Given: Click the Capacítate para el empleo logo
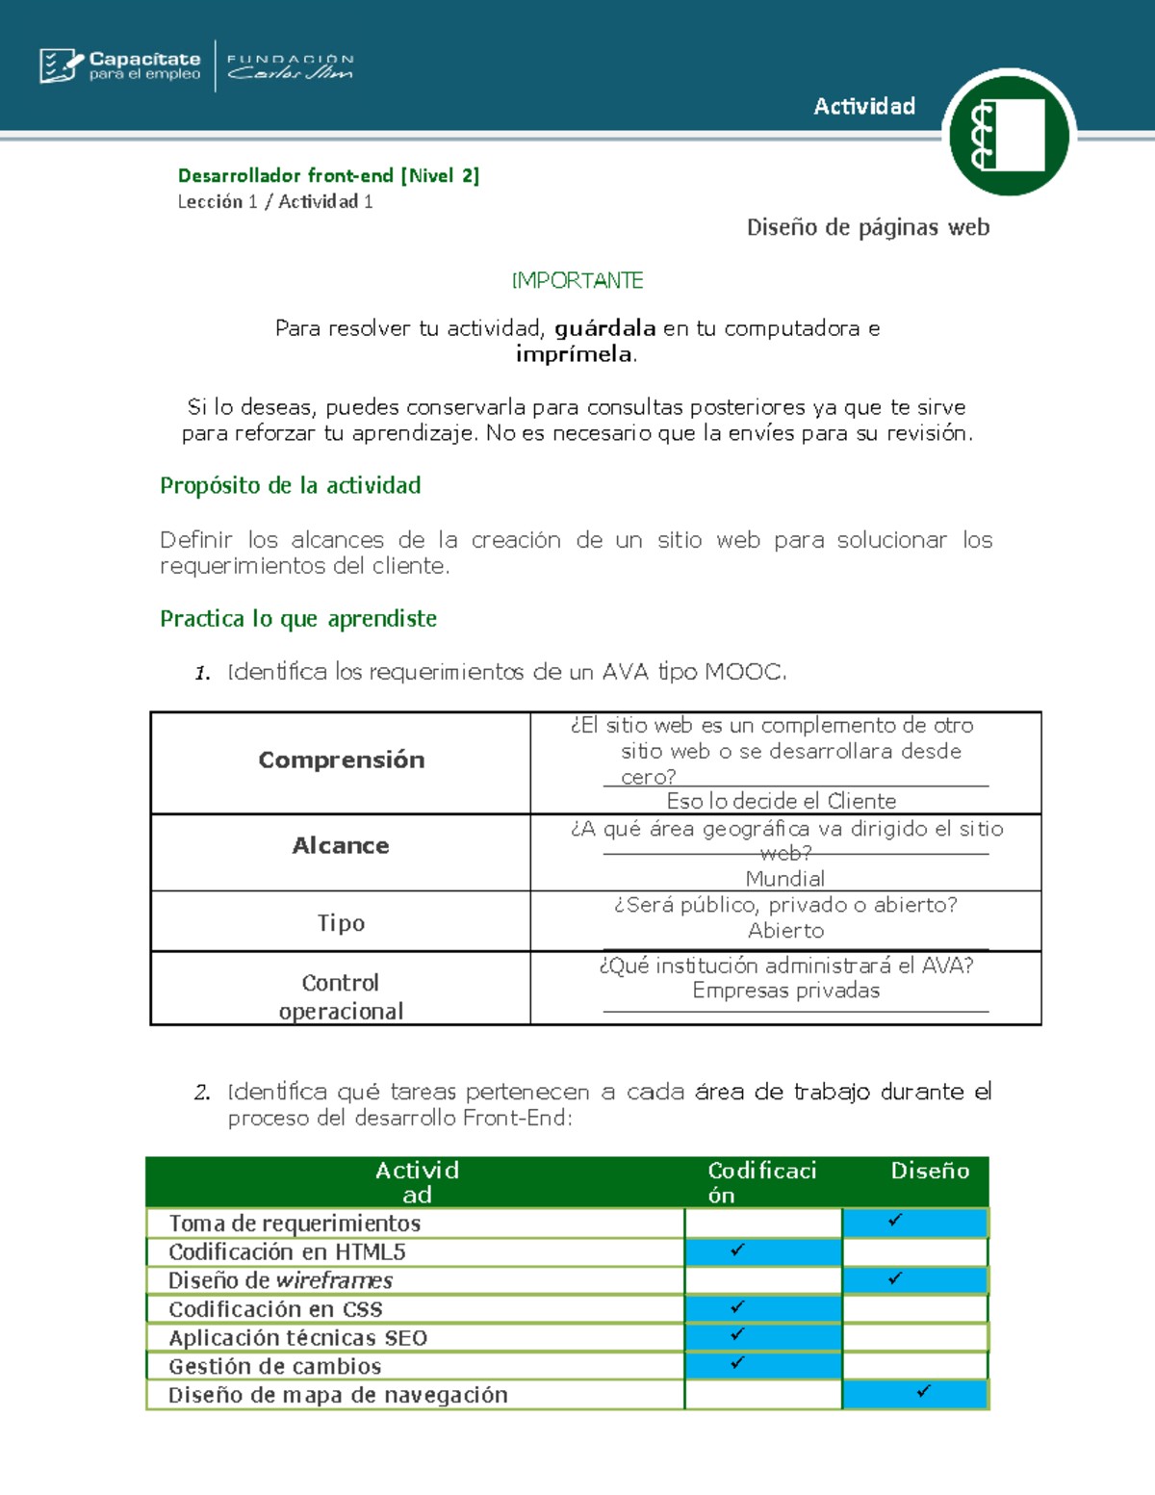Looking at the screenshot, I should point(120,65).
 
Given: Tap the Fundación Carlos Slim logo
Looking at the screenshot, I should point(290,66).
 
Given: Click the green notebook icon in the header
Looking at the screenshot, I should point(1008,135).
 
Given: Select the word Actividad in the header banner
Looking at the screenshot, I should point(863,106).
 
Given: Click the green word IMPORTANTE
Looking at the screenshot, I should point(577,280).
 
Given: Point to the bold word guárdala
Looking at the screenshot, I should point(604,328).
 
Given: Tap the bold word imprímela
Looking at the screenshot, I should point(575,354).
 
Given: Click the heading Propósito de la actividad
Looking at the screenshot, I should point(290,485).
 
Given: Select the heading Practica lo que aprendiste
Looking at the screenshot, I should point(297,618).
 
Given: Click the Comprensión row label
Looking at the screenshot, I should point(341,760).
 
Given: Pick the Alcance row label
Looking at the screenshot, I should point(341,845).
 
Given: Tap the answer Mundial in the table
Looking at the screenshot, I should point(784,878).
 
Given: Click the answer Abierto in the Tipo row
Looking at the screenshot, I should point(785,930).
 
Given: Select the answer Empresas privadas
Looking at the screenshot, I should point(785,991).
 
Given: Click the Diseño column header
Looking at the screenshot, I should point(929,1171).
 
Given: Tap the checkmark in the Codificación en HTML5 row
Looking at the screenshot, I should point(737,1250).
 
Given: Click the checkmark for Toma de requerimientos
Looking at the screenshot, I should point(895,1220).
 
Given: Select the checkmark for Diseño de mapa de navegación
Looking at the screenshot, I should point(923,1391).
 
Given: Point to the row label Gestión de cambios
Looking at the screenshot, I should point(274,1366).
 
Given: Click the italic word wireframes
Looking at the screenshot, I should point(334,1280).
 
